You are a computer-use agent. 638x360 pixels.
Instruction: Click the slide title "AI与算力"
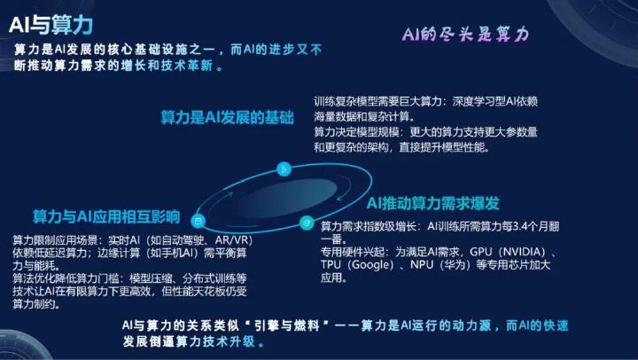pos(51,25)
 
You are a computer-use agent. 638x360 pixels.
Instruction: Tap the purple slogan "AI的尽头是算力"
pos(465,35)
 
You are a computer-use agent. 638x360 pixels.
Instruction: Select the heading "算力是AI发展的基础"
pos(227,117)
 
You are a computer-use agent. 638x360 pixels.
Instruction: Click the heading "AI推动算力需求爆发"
pos(433,203)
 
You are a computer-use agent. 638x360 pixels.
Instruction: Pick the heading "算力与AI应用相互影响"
pos(106,216)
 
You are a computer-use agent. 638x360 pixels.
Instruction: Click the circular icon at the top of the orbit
pos(284,169)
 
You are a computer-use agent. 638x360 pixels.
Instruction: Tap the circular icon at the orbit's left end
pos(198,221)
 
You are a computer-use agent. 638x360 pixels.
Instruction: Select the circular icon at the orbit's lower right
pos(307,223)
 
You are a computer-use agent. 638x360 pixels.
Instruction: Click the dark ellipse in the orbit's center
pos(287,199)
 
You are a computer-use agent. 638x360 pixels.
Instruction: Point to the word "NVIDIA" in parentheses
pos(524,252)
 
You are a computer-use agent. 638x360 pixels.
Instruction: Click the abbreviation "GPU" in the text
pos(480,252)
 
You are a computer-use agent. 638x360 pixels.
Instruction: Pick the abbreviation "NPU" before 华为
pos(422,265)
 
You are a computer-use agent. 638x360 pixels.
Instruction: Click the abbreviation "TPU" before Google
pos(331,265)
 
